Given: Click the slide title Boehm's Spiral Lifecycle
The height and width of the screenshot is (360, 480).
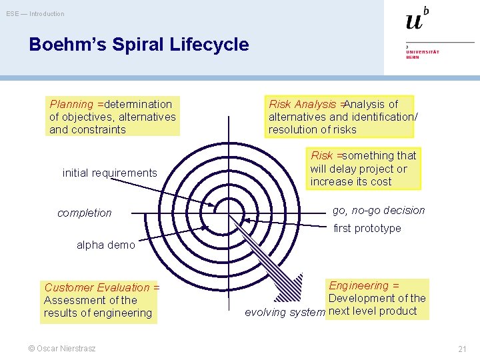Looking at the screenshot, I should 139,45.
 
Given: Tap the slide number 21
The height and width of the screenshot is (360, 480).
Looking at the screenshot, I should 462,349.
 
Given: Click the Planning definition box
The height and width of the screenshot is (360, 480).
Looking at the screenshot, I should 113,117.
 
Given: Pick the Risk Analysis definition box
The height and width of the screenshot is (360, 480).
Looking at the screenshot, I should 340,116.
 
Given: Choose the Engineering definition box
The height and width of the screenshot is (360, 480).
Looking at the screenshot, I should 377,299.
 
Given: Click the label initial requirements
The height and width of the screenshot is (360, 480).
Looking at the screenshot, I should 110,173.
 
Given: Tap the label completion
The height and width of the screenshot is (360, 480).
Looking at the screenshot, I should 85,213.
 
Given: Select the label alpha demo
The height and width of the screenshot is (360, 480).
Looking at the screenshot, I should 105,245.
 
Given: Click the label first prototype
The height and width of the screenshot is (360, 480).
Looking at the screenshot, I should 367,229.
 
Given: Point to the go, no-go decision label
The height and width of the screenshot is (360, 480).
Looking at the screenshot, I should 379,211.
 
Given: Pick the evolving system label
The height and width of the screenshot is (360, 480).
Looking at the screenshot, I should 285,313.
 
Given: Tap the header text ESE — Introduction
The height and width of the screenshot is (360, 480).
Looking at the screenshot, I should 35,14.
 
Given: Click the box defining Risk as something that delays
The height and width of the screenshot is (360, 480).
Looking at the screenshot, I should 363,169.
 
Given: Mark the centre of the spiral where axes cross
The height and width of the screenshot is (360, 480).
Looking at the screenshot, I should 229,213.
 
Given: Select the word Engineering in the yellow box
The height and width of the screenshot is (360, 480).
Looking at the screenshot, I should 359,286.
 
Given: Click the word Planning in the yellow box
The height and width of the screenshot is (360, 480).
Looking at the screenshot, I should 71,105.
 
